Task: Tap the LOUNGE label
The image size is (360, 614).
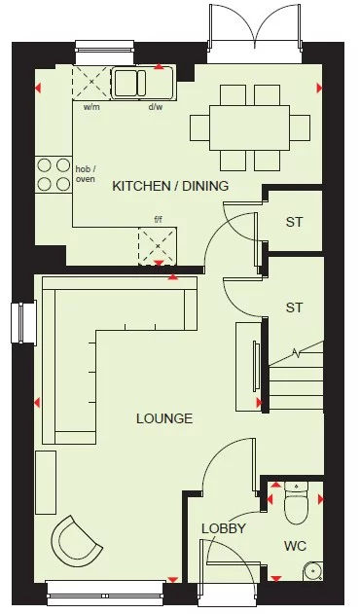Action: click(164, 418)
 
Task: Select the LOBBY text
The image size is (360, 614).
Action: click(223, 528)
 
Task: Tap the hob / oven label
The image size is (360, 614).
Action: click(87, 175)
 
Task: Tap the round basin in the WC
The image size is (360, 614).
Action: click(313, 571)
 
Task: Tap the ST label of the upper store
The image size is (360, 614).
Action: click(294, 222)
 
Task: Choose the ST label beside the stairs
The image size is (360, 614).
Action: click(294, 307)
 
